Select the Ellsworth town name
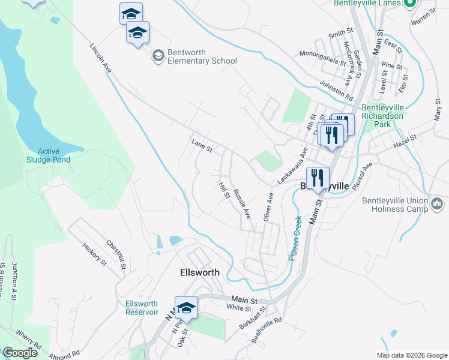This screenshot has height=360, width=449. tap(200, 272)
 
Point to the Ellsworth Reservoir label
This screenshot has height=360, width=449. tap(142, 307)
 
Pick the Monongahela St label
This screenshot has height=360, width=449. tap(323, 58)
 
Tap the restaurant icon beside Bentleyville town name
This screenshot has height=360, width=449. tap(318, 178)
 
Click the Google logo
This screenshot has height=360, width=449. tap(20, 353)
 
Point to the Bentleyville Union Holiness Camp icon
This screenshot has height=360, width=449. tap(437, 205)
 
